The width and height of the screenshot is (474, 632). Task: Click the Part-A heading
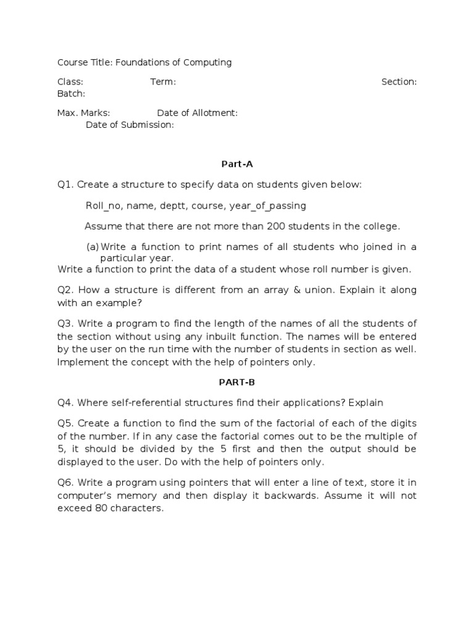(237, 164)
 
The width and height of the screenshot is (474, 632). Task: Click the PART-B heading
(237, 382)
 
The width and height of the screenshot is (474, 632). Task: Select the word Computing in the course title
(207, 62)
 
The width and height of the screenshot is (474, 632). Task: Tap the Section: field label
(399, 82)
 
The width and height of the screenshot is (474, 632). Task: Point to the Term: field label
(163, 82)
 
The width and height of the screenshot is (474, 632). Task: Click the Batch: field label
(71, 94)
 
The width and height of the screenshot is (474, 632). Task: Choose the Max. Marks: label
(84, 113)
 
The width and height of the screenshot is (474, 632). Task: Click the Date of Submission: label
(130, 125)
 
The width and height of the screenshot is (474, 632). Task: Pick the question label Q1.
(65, 185)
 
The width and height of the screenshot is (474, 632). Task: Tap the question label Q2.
(65, 290)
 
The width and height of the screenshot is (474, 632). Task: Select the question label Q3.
(65, 324)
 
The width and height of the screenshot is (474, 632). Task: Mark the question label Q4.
(65, 403)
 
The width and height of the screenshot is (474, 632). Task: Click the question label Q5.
(65, 423)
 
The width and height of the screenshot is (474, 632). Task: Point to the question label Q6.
(65, 483)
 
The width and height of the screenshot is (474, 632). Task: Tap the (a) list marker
(93, 247)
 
